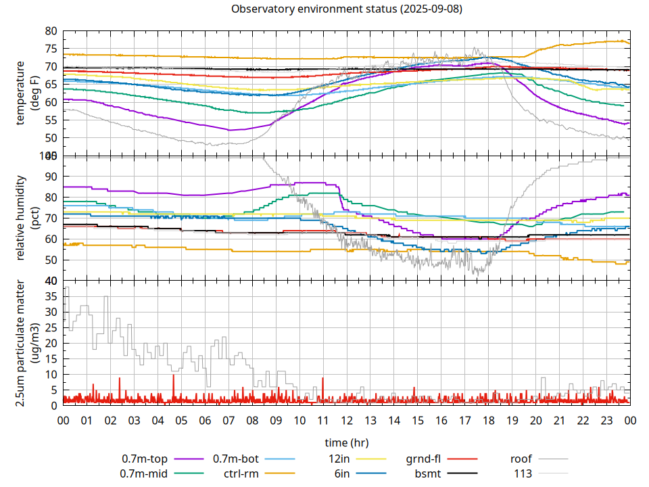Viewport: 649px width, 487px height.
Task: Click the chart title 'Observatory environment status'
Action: click(346, 9)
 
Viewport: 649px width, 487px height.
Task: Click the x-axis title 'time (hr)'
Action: click(346, 443)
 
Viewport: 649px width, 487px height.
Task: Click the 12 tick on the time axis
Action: click(346, 420)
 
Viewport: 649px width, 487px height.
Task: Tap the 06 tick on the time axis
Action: click(205, 420)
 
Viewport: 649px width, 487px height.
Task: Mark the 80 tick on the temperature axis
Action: click(51, 31)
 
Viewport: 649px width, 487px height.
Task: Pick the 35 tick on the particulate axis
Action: click(51, 296)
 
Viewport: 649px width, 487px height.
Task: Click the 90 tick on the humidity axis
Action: click(51, 177)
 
